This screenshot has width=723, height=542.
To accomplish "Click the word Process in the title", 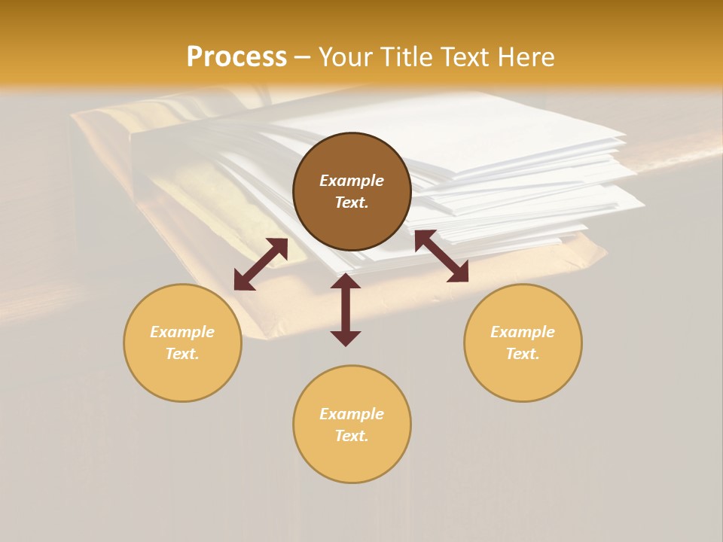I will point(236,57).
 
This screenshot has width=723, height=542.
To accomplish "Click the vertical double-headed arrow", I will point(346,309).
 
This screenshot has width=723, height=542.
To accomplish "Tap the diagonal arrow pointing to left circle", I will point(261,264).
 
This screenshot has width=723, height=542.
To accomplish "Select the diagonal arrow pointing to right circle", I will point(441,256).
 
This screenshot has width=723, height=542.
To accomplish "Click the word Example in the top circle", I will point(352,181).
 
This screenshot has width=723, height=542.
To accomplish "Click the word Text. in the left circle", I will point(182,354).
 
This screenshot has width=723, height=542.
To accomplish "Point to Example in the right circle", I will point(523,332).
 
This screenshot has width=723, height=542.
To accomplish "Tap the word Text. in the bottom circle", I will point(352,436).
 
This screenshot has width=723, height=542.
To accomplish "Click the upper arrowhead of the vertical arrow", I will point(346,281).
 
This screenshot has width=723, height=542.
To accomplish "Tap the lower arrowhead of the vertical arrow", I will point(346,338).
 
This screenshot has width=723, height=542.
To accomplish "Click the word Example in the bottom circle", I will point(352,414).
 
